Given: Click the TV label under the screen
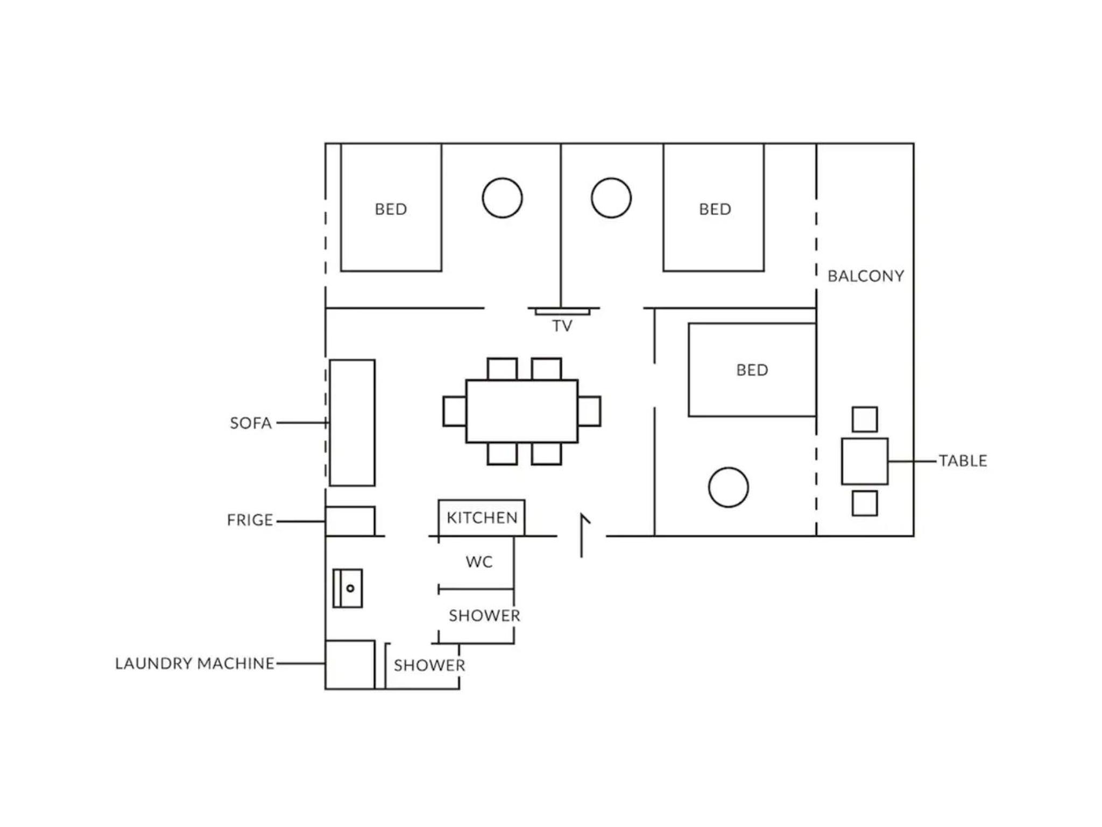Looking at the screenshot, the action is pyautogui.click(x=562, y=326).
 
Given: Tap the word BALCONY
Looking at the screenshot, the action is pyautogui.click(x=866, y=276).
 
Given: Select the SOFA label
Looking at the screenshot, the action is pyautogui.click(x=251, y=423).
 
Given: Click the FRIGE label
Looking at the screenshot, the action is pyautogui.click(x=250, y=520).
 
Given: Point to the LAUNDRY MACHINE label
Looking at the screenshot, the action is pyautogui.click(x=195, y=663).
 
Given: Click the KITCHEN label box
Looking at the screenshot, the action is pyautogui.click(x=482, y=518).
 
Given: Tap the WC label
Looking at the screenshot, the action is pyautogui.click(x=479, y=562).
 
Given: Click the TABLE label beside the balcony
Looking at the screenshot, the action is pyautogui.click(x=963, y=461).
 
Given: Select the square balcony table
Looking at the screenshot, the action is pyautogui.click(x=865, y=461).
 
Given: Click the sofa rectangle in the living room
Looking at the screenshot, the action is pyautogui.click(x=352, y=423).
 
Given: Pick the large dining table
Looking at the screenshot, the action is pyautogui.click(x=522, y=411).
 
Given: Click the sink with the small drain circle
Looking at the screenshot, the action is pyautogui.click(x=348, y=588).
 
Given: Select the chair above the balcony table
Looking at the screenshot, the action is pyautogui.click(x=865, y=419).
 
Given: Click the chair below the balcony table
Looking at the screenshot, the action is pyautogui.click(x=865, y=503).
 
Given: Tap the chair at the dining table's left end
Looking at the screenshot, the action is pyautogui.click(x=455, y=411).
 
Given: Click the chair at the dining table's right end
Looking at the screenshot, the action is pyautogui.click(x=590, y=411).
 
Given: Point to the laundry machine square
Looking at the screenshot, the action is pyautogui.click(x=350, y=664).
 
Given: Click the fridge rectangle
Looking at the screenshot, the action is pyautogui.click(x=350, y=521).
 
